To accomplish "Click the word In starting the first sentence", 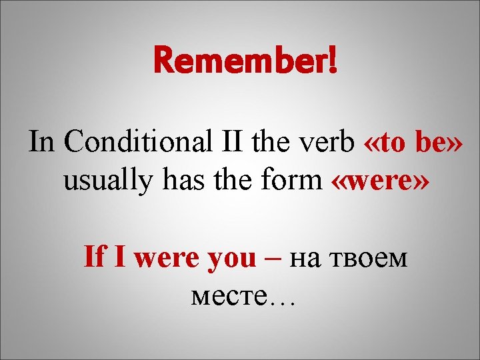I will click(x=42, y=142).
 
